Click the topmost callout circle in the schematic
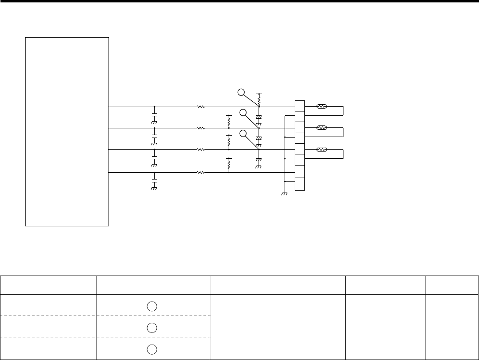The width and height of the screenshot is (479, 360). pos(241,92)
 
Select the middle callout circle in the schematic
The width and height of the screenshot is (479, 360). pos(243,113)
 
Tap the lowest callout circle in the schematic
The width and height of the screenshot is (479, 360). pos(243,134)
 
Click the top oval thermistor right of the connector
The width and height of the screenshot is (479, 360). pos(321,106)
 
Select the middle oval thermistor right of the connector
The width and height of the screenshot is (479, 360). pos(321,128)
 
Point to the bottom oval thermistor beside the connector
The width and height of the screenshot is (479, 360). pos(321,150)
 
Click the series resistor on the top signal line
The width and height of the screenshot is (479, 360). pos(200,106)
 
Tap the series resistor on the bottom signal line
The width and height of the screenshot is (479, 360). pos(200,172)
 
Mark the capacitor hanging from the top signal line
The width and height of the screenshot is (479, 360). pos(154,117)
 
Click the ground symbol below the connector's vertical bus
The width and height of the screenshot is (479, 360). pos(285,194)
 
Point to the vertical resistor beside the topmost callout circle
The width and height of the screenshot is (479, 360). pos(259,101)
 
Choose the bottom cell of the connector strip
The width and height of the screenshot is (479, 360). pos(300,184)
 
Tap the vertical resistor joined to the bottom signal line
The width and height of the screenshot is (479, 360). pos(229,165)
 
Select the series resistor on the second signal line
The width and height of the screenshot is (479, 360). pos(200,128)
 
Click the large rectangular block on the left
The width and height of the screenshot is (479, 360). pos(67,131)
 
